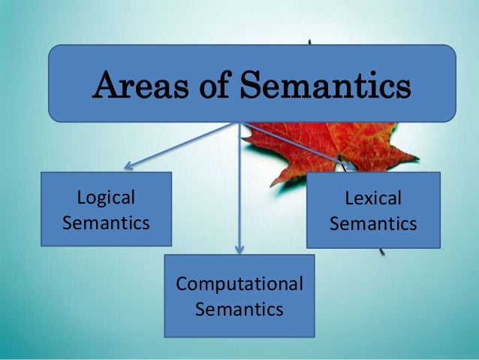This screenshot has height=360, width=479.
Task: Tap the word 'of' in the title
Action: pyautogui.click(x=202, y=86)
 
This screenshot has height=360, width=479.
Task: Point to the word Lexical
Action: pyautogui.click(x=373, y=198)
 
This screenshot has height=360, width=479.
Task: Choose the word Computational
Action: pyautogui.click(x=239, y=284)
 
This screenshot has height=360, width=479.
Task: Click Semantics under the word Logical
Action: pyautogui.click(x=106, y=223)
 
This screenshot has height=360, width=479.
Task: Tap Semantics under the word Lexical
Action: pyautogui.click(x=373, y=224)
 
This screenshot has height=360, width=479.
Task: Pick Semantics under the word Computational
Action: pyautogui.click(x=239, y=309)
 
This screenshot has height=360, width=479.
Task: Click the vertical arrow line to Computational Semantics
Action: pyautogui.click(x=239, y=188)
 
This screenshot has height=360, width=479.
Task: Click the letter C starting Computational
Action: pyautogui.click(x=181, y=284)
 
